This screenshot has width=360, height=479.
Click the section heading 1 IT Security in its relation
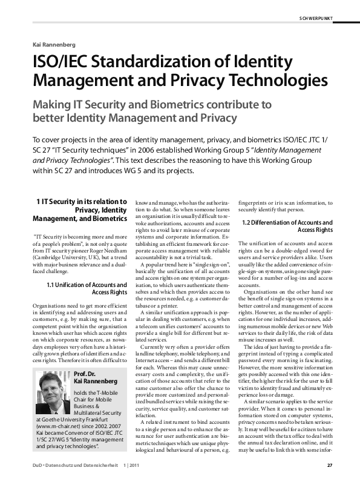(80, 201)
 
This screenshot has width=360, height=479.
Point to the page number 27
(329, 466)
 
